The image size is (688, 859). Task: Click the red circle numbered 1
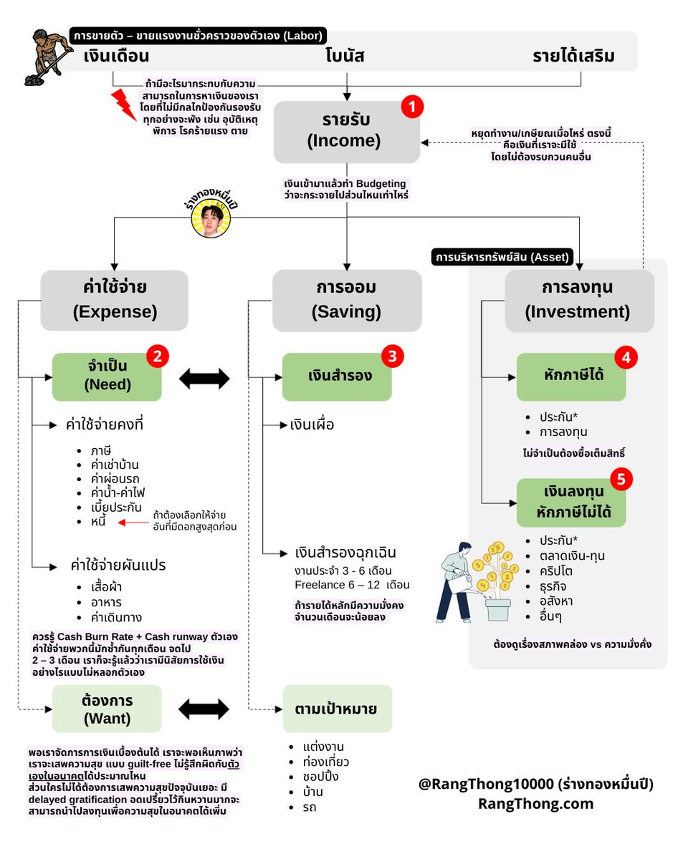coord(412,107)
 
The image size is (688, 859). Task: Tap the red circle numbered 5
coord(621,479)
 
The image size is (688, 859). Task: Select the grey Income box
coord(347,132)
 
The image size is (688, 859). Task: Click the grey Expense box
coord(115,300)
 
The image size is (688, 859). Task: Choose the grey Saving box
coord(347,301)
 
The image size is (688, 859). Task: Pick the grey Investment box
coord(579,301)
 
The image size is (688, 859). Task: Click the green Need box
coord(107,377)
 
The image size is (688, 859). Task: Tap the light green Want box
coord(107,709)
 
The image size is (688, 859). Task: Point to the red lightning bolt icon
coord(123,105)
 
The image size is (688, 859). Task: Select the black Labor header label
coord(199,36)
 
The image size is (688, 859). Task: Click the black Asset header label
coord(502,257)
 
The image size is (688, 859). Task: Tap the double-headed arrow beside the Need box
coord(204,379)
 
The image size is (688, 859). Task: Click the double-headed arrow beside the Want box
coord(204,709)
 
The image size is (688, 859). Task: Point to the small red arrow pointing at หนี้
coord(133,523)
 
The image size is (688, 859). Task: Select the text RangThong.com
coord(535,803)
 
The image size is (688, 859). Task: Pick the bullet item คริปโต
coord(556,571)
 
